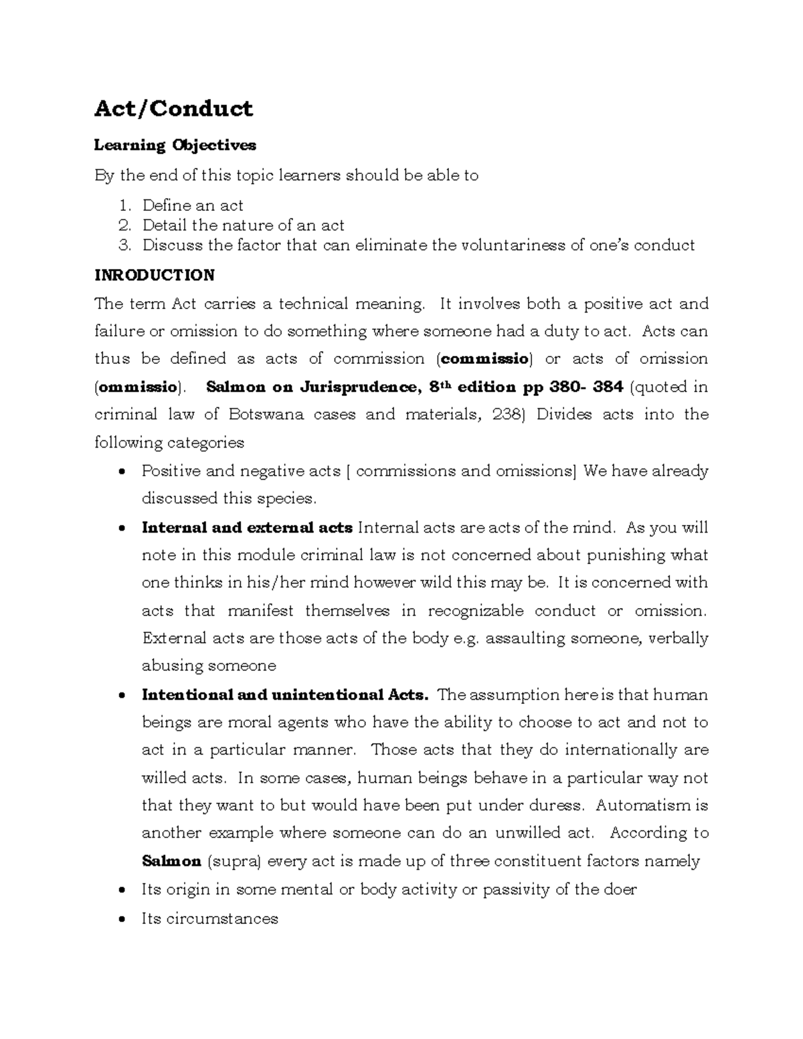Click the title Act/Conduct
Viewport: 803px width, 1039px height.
[x=173, y=108]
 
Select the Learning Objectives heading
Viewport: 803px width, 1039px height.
[x=175, y=145]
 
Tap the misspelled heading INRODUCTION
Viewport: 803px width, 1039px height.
[x=155, y=275]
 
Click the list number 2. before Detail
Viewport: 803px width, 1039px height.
[x=124, y=225]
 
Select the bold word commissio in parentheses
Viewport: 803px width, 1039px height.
[x=484, y=359]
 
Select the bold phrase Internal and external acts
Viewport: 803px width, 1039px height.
[x=247, y=528]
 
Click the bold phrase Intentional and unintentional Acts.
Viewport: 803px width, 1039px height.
[x=285, y=694]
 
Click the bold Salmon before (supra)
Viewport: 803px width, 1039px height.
[x=171, y=861]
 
